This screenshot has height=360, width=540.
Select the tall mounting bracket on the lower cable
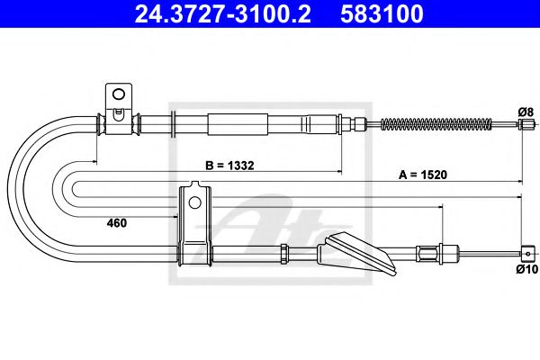tap(194, 225)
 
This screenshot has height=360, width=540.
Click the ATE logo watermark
tap(270, 229)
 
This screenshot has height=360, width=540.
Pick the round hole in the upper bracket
tap(117, 93)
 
